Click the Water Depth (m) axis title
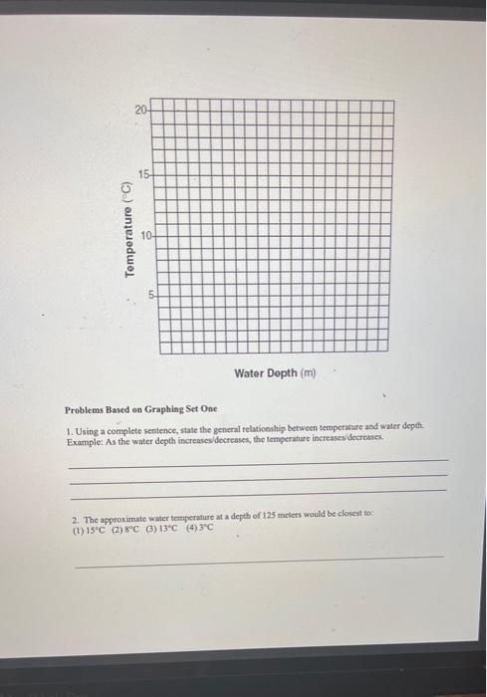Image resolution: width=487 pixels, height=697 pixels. point(274,373)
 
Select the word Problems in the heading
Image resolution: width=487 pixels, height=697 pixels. point(87,409)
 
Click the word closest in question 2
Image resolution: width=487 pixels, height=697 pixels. point(353,521)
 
